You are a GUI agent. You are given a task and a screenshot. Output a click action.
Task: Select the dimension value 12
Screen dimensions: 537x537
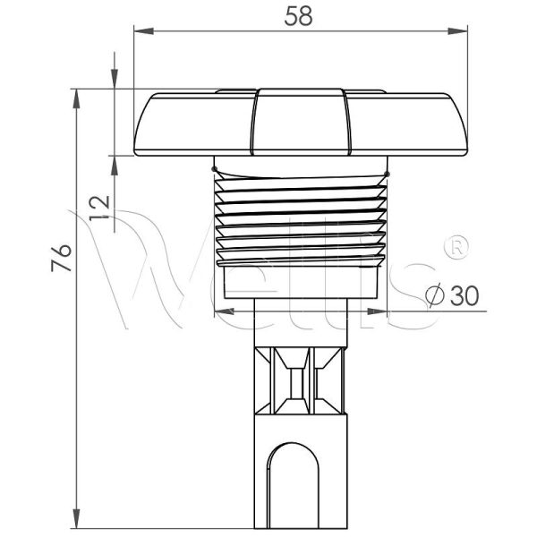pyautogui.click(x=100, y=209)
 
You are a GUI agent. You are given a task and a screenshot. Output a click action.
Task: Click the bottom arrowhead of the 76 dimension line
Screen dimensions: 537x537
pyautogui.click(x=74, y=523)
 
